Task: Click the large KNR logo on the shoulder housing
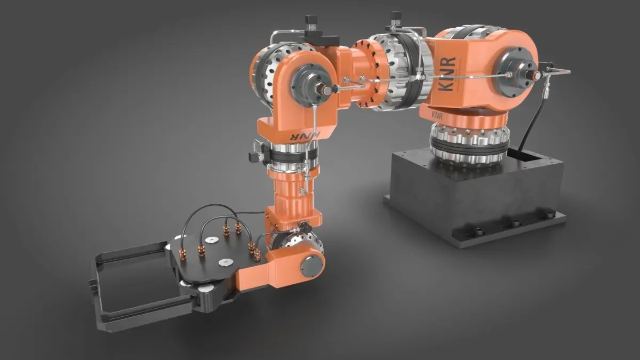click(x=447, y=74)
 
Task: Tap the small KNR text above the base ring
click(x=438, y=115)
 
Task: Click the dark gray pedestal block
click(x=474, y=197)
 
